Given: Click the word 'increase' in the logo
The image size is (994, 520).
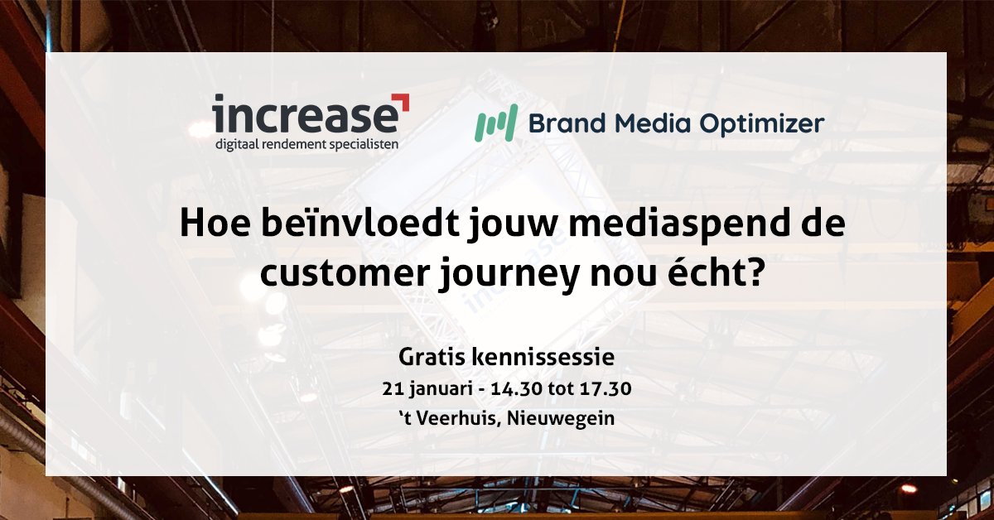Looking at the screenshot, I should [304, 117].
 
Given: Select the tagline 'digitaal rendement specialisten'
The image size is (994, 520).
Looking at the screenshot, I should [306, 144].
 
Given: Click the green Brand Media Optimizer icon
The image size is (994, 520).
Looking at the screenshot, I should [495, 123].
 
